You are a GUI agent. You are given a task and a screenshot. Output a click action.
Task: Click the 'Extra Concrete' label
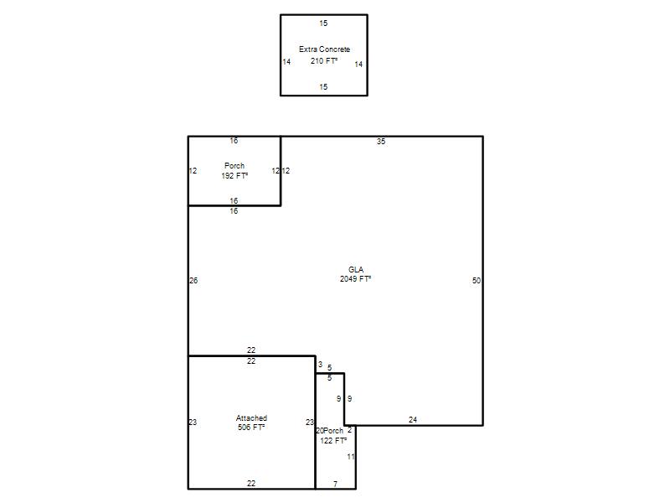click(x=324, y=49)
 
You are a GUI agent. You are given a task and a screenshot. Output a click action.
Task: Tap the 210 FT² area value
click(x=324, y=60)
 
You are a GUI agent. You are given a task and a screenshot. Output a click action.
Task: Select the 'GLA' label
click(x=355, y=269)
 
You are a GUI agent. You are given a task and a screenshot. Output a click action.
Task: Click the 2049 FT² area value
click(x=355, y=279)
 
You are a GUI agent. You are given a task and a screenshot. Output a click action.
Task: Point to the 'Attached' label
click(x=251, y=417)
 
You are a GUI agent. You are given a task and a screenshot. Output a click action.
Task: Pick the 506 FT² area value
click(x=251, y=428)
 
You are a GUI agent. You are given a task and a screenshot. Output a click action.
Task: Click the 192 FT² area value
click(x=234, y=176)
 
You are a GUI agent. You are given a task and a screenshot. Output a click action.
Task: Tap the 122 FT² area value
click(x=333, y=441)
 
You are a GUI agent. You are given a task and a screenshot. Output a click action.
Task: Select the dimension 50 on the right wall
click(x=477, y=281)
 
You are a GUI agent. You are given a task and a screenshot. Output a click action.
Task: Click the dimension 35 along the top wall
click(x=381, y=141)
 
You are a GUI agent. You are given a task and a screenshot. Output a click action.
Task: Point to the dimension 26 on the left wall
click(x=193, y=281)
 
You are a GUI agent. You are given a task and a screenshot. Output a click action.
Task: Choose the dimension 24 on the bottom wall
click(x=413, y=420)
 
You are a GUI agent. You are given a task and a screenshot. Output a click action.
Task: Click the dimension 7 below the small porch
click(x=336, y=484)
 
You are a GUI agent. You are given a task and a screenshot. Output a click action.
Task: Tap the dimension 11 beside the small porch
click(x=351, y=456)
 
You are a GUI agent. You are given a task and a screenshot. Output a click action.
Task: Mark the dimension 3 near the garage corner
click(x=320, y=365)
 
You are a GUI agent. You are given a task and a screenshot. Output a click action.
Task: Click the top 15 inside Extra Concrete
click(x=323, y=23)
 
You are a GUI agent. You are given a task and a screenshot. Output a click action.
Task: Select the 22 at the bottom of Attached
click(x=251, y=484)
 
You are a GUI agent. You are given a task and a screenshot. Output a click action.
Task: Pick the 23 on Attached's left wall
click(x=193, y=423)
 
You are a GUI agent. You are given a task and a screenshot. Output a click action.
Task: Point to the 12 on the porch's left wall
click(x=193, y=171)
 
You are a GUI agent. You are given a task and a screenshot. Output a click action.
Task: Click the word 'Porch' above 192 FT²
click(x=234, y=165)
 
